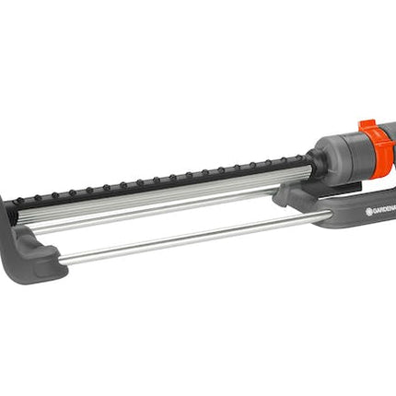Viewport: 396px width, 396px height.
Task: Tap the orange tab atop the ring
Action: [x=367, y=126]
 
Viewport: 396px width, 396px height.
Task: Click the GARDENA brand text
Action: [x=384, y=211]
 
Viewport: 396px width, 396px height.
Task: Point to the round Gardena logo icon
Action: [x=368, y=212]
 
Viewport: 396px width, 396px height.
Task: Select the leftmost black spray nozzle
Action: [x=20, y=199]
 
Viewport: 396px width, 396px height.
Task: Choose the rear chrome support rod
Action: [x=154, y=211]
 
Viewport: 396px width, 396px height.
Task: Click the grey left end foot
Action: [x=29, y=246]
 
